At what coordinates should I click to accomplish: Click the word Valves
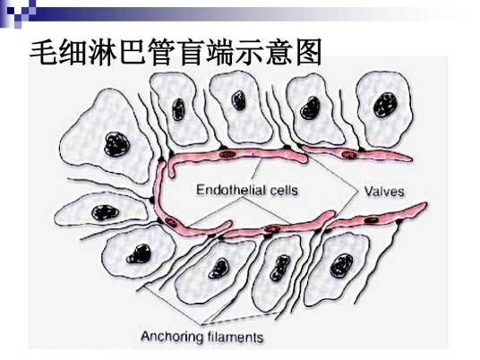coord(384,192)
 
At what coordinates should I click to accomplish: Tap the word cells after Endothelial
coord(284,190)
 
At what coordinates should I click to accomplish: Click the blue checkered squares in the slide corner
coord(18,12)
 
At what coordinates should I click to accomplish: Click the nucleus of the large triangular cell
coord(116,144)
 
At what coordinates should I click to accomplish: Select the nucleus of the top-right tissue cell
coord(385,106)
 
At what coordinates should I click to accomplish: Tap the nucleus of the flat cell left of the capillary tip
coord(105,212)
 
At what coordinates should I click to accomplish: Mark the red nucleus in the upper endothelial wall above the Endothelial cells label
coord(227,154)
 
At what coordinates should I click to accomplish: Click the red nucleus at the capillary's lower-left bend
coord(171,222)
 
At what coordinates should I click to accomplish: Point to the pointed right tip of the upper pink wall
coord(411,159)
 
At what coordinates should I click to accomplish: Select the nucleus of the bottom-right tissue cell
coord(341,266)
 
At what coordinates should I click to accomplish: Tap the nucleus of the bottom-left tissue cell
coord(140,254)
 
